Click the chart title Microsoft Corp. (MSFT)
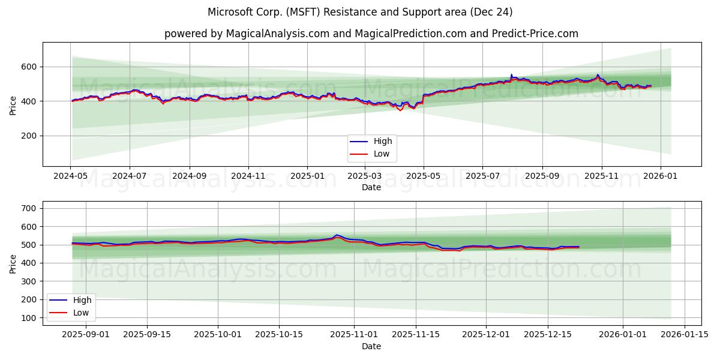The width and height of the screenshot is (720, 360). (359, 12)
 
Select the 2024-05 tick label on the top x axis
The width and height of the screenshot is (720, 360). (71, 176)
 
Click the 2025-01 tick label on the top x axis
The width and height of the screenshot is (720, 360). (307, 176)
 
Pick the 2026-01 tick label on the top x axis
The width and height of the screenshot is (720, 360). (661, 176)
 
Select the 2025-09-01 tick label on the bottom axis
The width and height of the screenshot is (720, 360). (86, 335)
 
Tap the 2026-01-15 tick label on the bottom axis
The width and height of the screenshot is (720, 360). (685, 335)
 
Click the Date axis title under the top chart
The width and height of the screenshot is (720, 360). (371, 187)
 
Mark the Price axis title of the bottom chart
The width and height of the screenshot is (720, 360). (13, 263)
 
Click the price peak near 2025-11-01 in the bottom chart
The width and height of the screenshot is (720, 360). (337, 235)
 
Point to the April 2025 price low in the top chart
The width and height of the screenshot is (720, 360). (400, 110)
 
